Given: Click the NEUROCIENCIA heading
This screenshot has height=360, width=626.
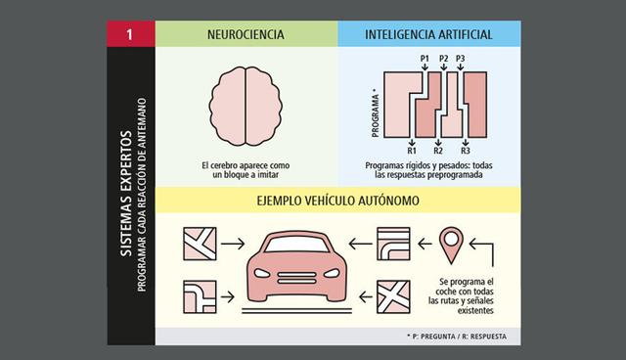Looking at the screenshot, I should pos(246,33).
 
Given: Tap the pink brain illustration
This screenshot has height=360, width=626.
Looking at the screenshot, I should pos(246,99).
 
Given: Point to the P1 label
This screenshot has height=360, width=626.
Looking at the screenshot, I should pos(424,60).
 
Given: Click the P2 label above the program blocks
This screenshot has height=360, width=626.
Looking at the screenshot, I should pos(444,60).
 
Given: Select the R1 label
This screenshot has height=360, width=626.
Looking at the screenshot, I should pos(412,151).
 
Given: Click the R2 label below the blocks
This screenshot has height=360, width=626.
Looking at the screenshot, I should pos(438,151).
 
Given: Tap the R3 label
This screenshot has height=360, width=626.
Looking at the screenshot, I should pos(466,151).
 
